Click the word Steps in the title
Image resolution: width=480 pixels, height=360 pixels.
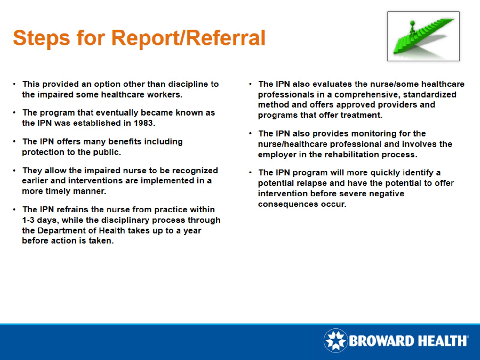point(41,38)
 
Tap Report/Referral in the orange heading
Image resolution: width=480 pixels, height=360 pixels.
point(188,38)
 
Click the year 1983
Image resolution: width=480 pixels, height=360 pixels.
point(144,123)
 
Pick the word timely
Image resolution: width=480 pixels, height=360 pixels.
point(58,191)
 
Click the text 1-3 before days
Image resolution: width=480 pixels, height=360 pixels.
point(28,220)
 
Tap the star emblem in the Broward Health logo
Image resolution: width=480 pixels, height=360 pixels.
point(335,340)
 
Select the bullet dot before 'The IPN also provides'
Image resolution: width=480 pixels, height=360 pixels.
point(250,133)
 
